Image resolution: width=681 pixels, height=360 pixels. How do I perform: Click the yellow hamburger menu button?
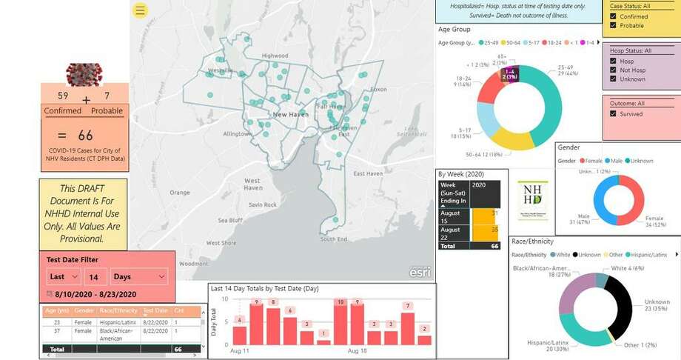[x=141, y=10]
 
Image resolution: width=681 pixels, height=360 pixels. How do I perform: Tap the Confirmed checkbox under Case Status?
[x=613, y=16]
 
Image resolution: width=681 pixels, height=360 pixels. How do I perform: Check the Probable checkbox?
[x=613, y=25]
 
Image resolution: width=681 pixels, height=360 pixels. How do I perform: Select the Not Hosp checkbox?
[x=613, y=70]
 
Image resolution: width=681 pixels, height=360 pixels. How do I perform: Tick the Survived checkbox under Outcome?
[x=613, y=114]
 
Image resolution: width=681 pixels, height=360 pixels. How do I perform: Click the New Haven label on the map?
[x=290, y=115]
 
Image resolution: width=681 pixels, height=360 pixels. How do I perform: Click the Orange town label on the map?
[x=180, y=193]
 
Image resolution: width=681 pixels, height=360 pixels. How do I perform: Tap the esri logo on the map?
[x=420, y=272]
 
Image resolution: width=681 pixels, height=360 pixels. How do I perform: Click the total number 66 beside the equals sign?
[x=86, y=135]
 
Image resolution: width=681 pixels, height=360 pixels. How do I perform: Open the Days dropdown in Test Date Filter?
[x=139, y=276]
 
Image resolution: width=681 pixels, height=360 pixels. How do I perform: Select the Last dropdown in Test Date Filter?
[x=64, y=276]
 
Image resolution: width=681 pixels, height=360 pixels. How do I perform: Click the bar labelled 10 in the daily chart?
[x=340, y=324]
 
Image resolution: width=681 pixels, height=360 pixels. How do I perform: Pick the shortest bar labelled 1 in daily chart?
[x=323, y=342]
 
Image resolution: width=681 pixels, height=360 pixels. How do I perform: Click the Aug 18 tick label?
[x=358, y=350]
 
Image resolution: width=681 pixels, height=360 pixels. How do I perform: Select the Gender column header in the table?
[x=84, y=311]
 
